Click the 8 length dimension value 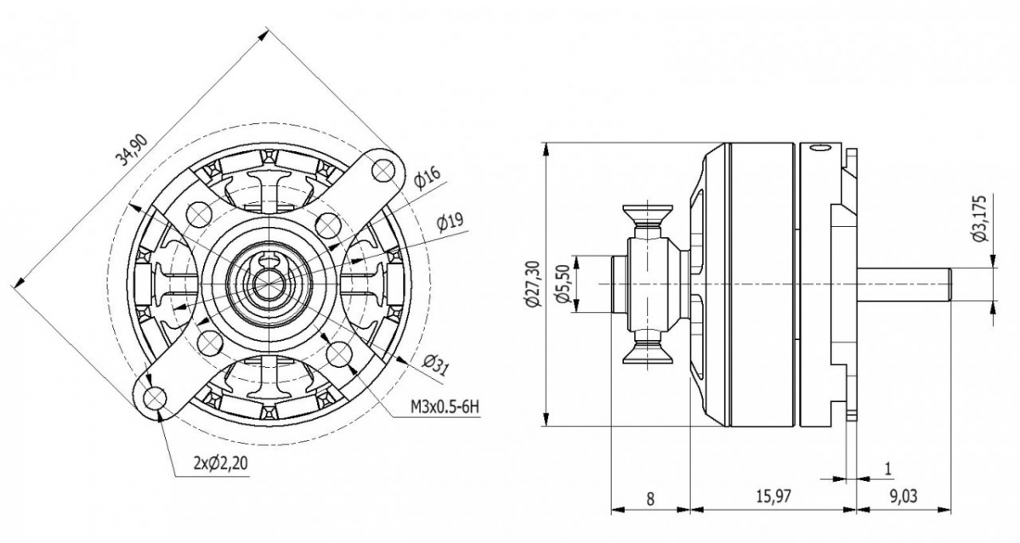coord(650,499)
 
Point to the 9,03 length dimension coord(903,499)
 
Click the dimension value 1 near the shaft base coord(888,468)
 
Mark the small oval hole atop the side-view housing coord(820,150)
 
